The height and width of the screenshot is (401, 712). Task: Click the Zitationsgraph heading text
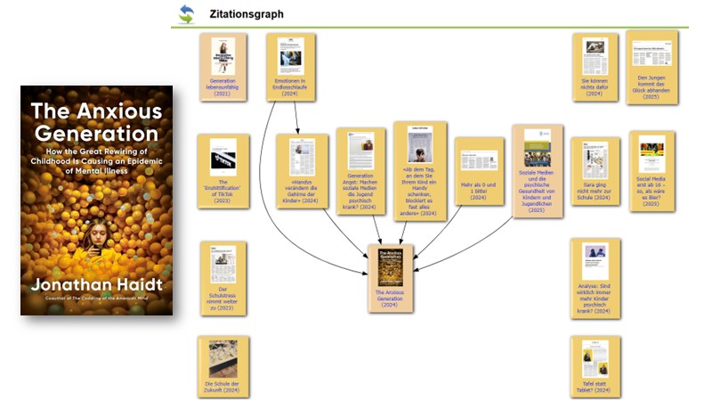tap(246, 14)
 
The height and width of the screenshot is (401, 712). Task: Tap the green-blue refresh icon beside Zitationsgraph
tap(187, 13)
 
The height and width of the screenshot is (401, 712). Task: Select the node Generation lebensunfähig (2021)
tap(222, 68)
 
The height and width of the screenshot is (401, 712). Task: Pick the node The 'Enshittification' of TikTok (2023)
tap(222, 168)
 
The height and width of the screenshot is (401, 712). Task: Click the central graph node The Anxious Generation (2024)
tap(392, 277)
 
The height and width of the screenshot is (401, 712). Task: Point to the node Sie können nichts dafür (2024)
tap(595, 67)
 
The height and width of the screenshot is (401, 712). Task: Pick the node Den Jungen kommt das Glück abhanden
tap(651, 67)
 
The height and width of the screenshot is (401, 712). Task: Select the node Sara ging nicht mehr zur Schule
tap(595, 170)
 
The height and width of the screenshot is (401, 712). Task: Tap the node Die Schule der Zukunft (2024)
tap(222, 366)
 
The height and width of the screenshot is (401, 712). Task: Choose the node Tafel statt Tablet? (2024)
tap(595, 366)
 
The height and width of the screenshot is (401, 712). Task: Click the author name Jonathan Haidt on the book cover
tap(97, 285)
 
